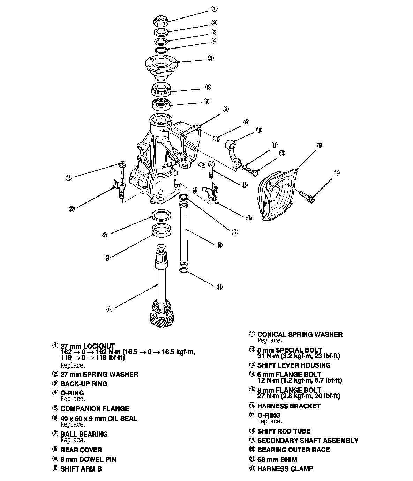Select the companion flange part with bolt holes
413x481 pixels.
[161, 66]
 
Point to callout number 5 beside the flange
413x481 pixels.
[211, 58]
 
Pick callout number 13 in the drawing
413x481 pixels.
[320, 145]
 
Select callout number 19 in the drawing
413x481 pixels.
[110, 309]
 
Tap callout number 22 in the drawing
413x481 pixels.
[72, 209]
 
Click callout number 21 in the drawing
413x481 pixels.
[105, 235]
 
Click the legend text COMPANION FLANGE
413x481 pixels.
[95, 409]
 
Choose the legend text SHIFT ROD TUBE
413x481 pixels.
[284, 431]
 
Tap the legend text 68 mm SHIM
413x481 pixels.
[277, 460]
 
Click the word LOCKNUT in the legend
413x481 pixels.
[99, 347]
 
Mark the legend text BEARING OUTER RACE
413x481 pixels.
[293, 450]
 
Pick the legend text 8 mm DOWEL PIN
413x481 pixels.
[88, 459]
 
